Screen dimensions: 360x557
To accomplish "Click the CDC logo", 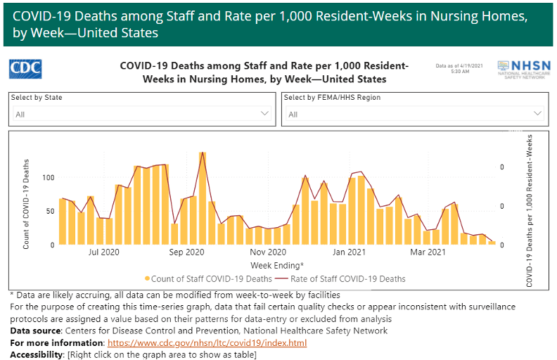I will (25, 68).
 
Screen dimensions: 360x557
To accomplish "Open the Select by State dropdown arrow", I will (264, 113).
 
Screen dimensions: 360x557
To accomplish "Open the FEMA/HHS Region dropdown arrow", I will (538, 113).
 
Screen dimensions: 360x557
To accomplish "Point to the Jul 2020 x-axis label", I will (105, 252).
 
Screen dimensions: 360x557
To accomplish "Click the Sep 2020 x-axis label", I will (187, 252).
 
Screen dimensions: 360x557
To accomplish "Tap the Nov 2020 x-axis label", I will (268, 252).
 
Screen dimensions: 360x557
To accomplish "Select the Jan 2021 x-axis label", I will (349, 252).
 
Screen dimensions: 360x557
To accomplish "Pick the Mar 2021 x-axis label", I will (429, 252).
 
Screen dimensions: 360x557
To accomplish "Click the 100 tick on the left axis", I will (48, 177).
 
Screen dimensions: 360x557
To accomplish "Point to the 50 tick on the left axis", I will (50, 211).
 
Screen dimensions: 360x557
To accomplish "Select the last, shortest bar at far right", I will (492, 243).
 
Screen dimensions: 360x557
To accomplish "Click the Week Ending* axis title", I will (277, 265).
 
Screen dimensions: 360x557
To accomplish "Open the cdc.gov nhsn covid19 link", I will (207, 343).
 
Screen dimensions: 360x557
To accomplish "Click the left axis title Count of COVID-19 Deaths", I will (27, 204).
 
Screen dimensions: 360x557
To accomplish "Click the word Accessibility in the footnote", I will (36, 354).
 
